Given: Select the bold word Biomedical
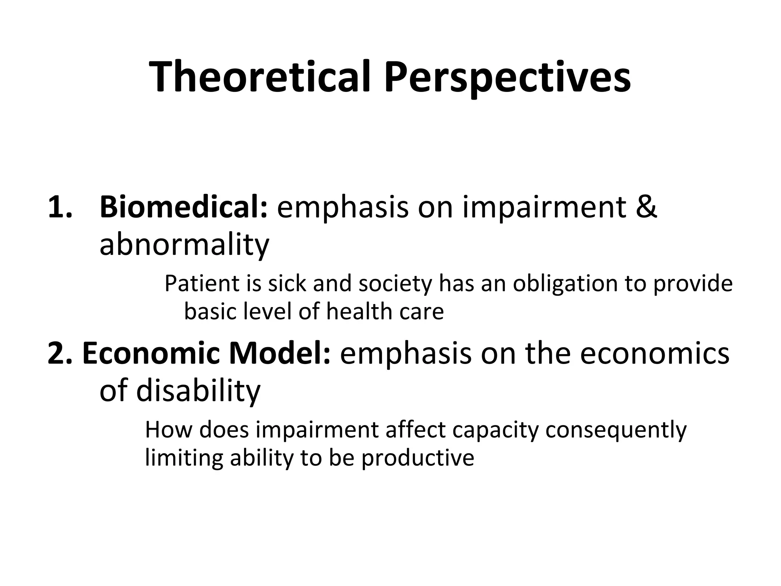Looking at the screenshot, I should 183,207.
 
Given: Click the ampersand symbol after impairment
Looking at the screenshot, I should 646,207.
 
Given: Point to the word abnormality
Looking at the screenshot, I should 184,245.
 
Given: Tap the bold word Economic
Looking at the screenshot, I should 151,353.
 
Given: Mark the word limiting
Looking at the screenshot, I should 184,458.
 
